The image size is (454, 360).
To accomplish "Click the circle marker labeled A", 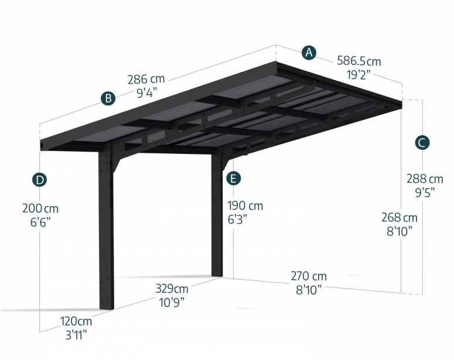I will (x=309, y=53).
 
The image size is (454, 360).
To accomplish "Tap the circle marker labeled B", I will (x=108, y=99).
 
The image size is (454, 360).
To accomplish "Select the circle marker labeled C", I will (x=422, y=142).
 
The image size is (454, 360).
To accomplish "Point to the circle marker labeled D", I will (x=40, y=180).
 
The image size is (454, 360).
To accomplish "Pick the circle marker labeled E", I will (x=233, y=178).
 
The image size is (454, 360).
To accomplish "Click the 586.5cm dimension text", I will (x=359, y=61).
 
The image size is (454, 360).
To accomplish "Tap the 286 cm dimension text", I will (x=146, y=80).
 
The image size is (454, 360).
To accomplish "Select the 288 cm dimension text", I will (x=425, y=179).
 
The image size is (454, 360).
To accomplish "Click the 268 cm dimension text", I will (x=399, y=218).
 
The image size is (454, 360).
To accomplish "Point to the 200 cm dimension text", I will (x=40, y=208).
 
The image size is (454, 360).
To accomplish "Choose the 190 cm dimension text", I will (x=245, y=206).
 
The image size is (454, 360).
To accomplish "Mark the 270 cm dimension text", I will (x=309, y=276).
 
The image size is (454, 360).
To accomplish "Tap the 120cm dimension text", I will (x=76, y=321).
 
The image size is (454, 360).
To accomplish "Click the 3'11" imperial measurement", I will (x=76, y=335).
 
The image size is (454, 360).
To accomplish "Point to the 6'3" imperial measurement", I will (x=238, y=219).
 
